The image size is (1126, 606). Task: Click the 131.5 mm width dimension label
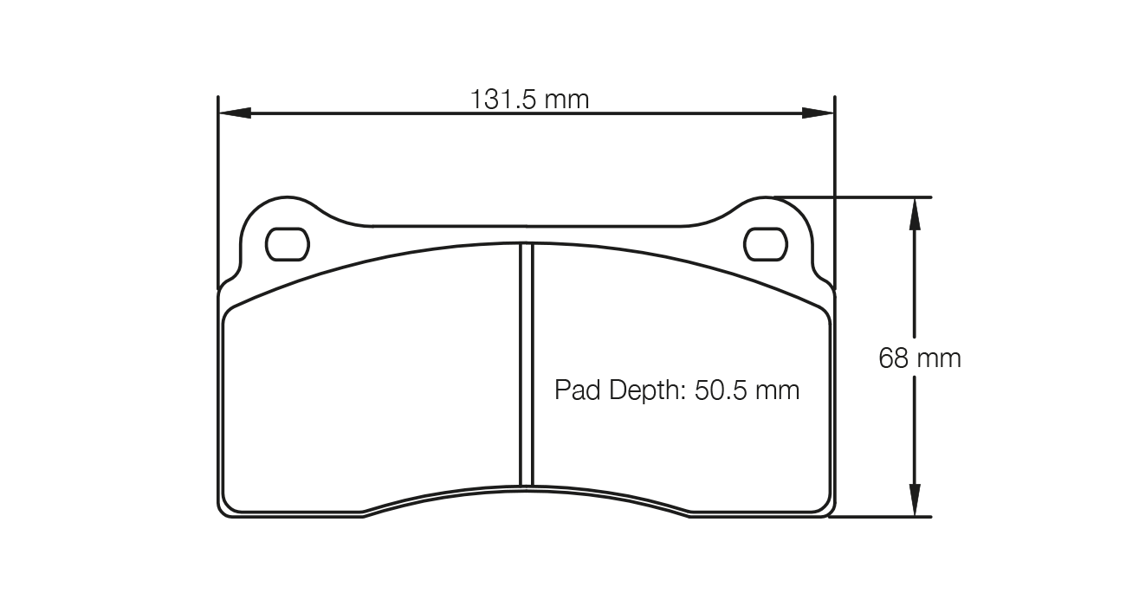click(529, 100)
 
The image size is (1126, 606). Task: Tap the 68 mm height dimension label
click(920, 358)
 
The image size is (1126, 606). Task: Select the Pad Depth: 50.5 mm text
click(676, 390)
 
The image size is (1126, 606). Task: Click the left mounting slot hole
click(287, 244)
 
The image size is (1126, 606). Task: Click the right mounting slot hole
click(766, 244)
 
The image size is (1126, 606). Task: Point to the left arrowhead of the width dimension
click(234, 113)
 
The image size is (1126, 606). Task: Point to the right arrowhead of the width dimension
click(818, 113)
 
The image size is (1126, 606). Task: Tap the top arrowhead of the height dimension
click(913, 213)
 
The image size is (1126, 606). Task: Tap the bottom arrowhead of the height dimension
click(913, 501)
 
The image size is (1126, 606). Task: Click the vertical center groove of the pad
click(526, 364)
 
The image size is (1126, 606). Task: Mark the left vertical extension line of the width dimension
click(217, 190)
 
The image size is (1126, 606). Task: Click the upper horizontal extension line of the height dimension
click(866, 197)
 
